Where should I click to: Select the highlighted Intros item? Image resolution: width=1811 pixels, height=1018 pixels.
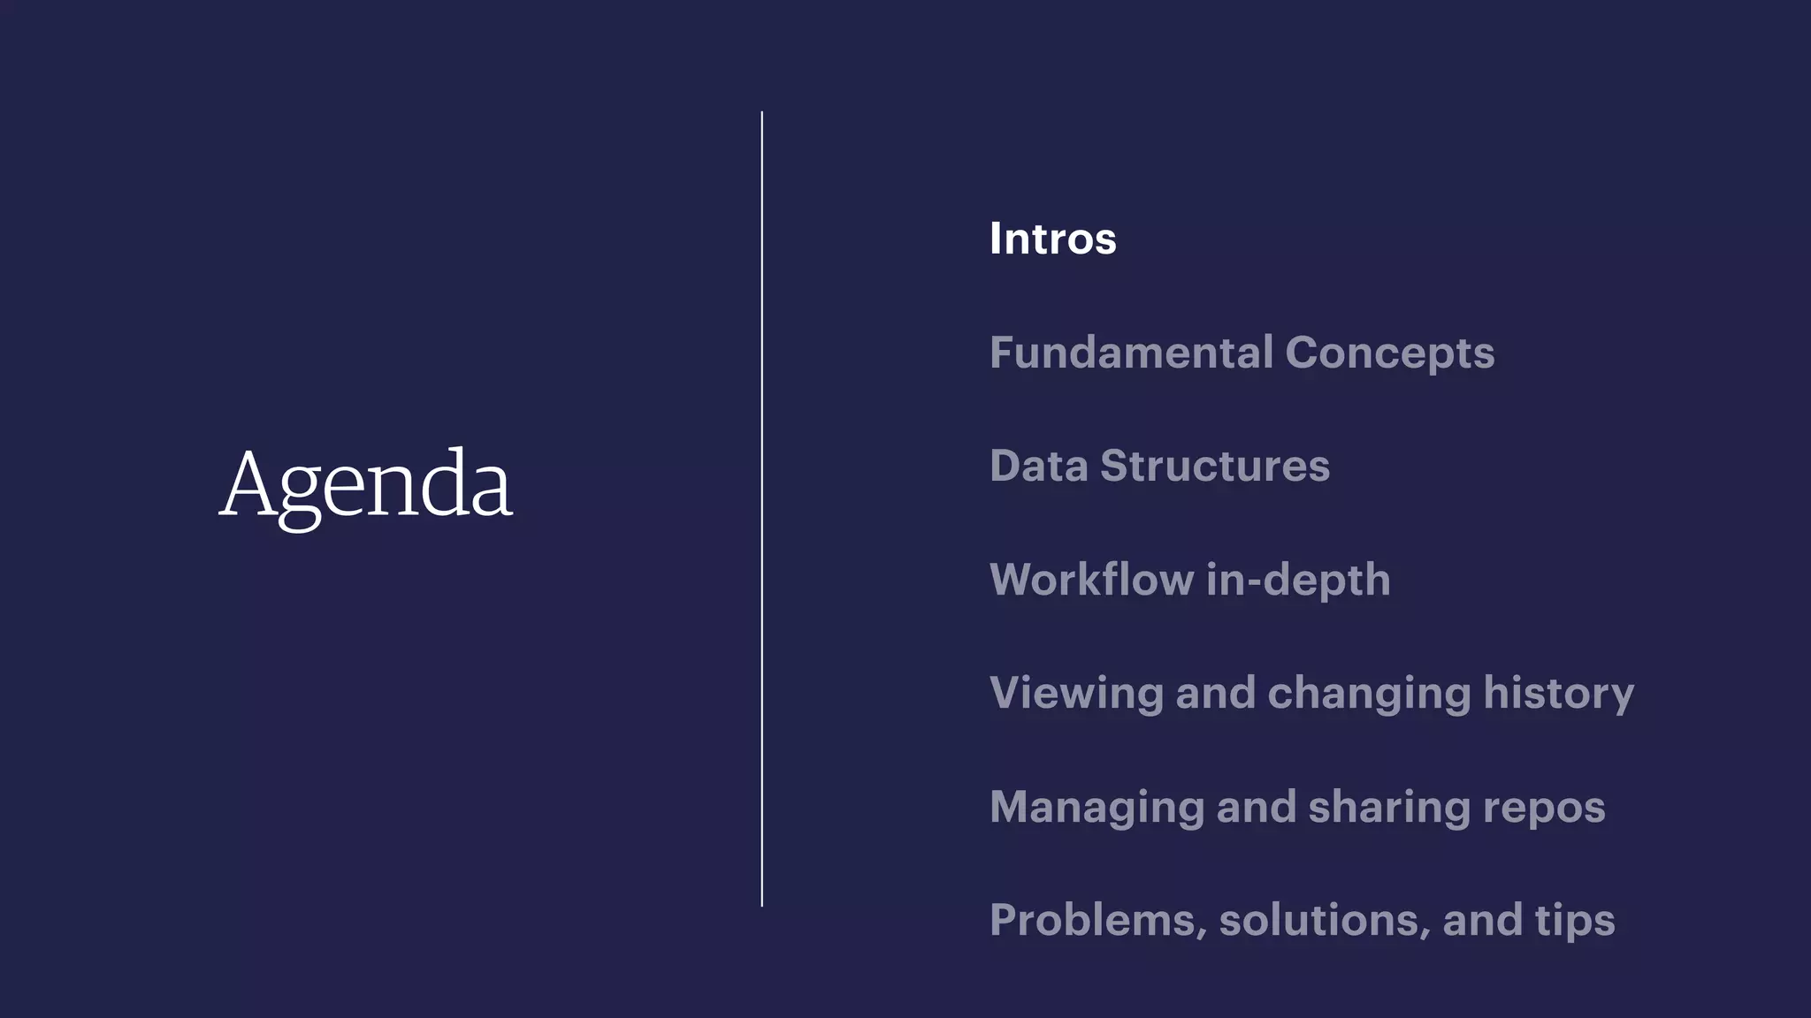click(x=1052, y=239)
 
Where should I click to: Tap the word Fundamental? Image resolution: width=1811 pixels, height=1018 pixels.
click(x=1131, y=353)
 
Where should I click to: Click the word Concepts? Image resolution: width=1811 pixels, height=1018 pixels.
click(x=1389, y=353)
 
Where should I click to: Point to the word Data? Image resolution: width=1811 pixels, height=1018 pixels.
click(x=1038, y=466)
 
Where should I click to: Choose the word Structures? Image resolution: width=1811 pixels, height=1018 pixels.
click(x=1214, y=466)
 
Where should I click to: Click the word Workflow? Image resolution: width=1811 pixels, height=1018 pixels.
click(x=1091, y=580)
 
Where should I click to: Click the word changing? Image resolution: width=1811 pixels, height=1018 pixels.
click(x=1369, y=693)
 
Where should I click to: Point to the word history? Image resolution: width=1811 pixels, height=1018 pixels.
click(x=1558, y=693)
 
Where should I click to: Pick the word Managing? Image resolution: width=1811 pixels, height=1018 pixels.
click(x=1097, y=807)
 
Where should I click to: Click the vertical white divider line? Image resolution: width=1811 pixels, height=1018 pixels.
click(x=761, y=509)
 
